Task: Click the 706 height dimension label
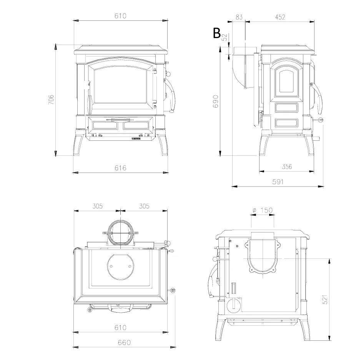pos(51,100)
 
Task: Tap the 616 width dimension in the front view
pos(120,168)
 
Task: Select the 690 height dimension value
pos(216,101)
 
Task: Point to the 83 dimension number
pos(239,17)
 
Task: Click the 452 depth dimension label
pos(280,17)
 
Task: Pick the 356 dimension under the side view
pos(287,167)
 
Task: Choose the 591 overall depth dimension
pos(278,182)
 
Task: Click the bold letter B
pos(217,33)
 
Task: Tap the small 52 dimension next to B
pos(225,37)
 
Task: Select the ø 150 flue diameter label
pos(263,210)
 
